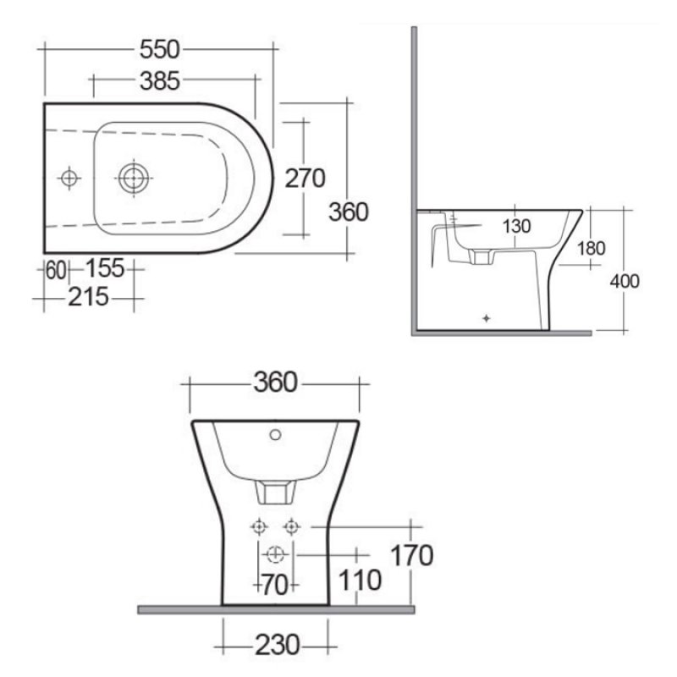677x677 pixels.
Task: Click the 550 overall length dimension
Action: tap(159, 50)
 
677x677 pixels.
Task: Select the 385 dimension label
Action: tap(160, 81)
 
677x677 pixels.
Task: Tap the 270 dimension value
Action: tap(305, 179)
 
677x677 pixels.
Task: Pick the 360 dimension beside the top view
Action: tap(349, 212)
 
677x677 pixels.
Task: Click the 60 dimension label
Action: tap(56, 270)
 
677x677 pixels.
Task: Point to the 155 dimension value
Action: tap(104, 269)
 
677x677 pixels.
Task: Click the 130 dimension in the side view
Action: tap(516, 226)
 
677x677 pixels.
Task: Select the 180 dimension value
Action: tap(591, 248)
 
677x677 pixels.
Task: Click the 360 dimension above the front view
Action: tap(276, 383)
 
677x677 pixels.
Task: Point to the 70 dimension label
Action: tap(273, 583)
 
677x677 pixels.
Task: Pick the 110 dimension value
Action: tap(360, 581)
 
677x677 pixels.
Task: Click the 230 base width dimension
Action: tap(276, 646)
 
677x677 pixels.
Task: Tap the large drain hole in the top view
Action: tap(134, 178)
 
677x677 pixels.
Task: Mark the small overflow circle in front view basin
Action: tap(274, 436)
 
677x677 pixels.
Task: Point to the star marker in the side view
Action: tap(486, 319)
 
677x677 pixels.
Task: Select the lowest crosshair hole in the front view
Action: tap(274, 554)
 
